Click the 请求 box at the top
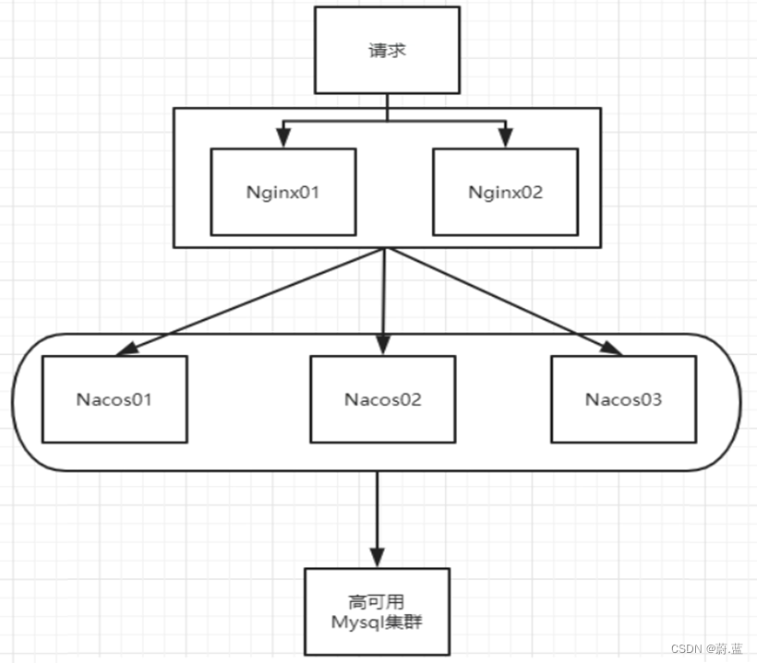[387, 51]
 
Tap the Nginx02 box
[506, 192]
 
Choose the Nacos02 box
[383, 398]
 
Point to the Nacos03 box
[623, 398]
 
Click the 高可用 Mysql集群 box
[377, 611]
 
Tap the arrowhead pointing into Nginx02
[505, 137]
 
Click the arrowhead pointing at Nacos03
[611, 348]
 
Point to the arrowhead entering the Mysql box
[377, 557]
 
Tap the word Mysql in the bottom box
[355, 621]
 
